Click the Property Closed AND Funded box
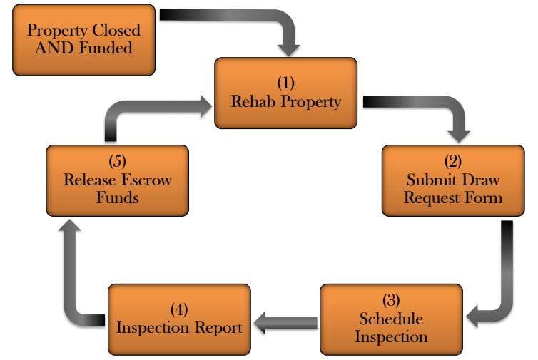coord(83,40)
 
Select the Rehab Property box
coord(285,93)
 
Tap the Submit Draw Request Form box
coord(452,180)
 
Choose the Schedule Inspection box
coord(390,319)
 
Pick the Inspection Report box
coord(179,319)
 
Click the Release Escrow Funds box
coord(117,180)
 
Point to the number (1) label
coord(286,83)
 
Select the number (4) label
coord(179,310)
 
